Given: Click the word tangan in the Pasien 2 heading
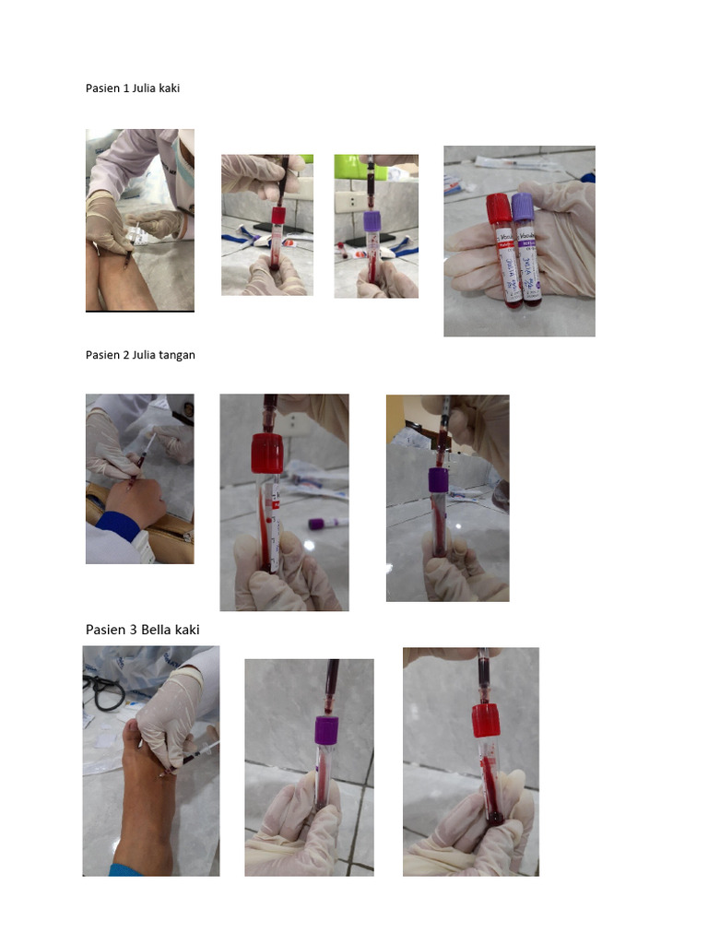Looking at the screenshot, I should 177,355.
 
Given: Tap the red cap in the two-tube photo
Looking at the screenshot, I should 499,208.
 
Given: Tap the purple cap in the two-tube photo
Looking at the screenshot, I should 523,207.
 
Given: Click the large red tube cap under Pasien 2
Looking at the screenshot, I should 265,454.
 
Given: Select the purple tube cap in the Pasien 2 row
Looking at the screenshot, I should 438,479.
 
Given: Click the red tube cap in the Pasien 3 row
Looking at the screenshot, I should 486,720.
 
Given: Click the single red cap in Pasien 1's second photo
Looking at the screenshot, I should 278,216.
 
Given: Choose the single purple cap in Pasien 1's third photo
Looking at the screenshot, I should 372,221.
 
